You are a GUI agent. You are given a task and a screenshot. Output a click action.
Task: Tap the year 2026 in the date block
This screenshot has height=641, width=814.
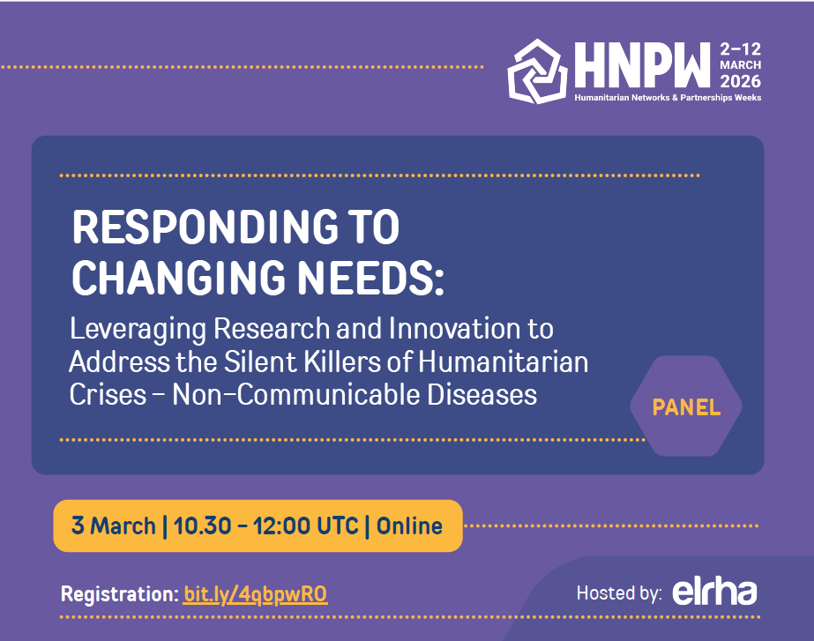click(739, 80)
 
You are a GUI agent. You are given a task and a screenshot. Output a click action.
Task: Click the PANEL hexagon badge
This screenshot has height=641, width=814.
click(686, 407)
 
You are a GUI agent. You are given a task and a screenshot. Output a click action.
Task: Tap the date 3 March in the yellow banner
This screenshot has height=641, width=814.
click(112, 526)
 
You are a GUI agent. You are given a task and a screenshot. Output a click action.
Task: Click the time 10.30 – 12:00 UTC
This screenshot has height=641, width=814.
click(266, 526)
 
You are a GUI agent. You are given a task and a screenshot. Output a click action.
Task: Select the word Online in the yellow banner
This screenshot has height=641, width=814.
click(409, 526)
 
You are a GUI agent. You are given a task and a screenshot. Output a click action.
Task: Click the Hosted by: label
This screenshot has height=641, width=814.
click(619, 593)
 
